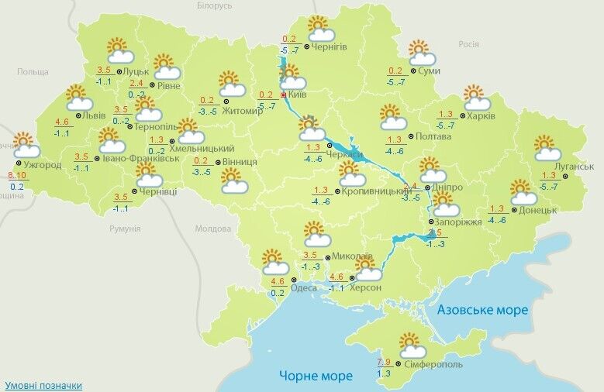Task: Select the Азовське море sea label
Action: [482, 310]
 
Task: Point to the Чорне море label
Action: [316, 376]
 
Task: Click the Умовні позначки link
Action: [43, 385]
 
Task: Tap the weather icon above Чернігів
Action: [320, 29]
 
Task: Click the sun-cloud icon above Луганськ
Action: [547, 147]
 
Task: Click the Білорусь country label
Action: [214, 5]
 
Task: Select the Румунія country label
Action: [125, 229]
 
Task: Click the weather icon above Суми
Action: [422, 52]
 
